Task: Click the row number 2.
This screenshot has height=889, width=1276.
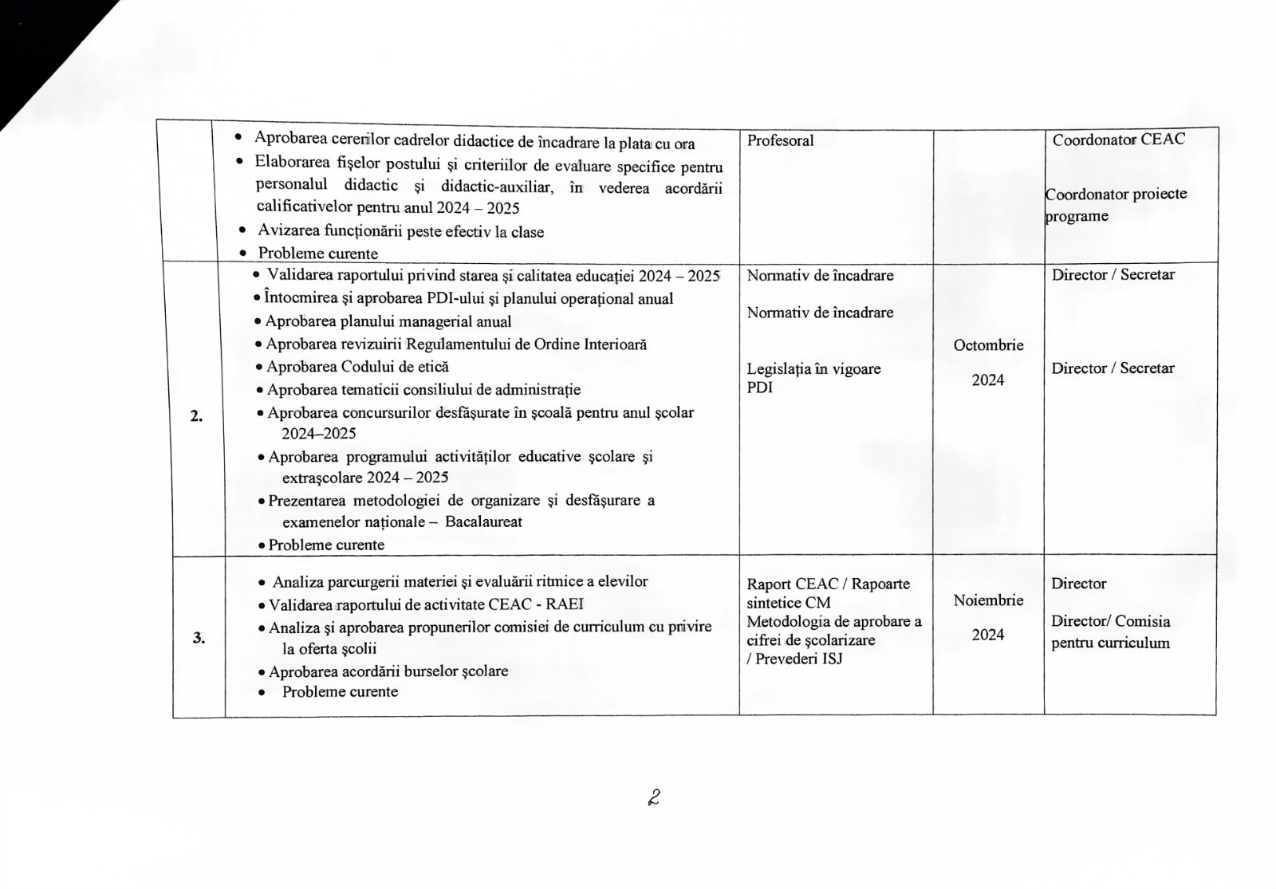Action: click(196, 416)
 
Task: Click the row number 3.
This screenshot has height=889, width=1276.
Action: click(198, 638)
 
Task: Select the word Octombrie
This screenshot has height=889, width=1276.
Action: click(988, 345)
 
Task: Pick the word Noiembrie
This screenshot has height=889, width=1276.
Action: click(988, 600)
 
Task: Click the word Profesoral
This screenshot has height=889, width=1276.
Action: click(780, 140)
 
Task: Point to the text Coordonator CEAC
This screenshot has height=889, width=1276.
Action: click(1118, 140)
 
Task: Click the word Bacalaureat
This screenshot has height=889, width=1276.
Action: click(483, 522)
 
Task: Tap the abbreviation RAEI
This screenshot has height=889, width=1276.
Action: click(565, 604)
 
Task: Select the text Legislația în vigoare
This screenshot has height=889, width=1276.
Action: click(813, 368)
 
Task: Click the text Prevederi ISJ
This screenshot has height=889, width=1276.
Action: click(798, 659)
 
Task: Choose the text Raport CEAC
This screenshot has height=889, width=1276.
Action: click(792, 584)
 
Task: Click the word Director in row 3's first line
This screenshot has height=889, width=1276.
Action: click(1078, 584)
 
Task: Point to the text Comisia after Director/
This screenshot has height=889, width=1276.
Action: click(1143, 621)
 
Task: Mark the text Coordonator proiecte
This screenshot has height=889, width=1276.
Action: click(1116, 194)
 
